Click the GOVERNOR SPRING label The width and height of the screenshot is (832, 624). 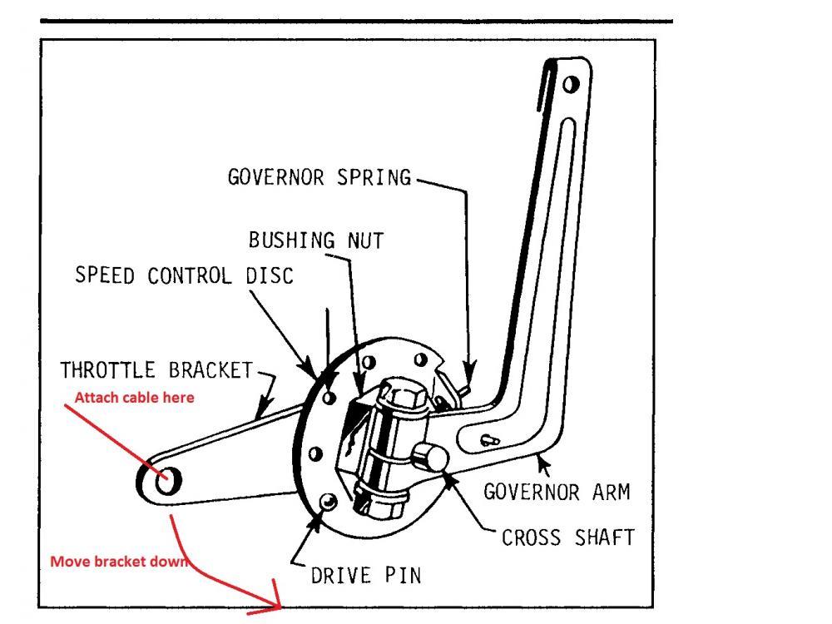(319, 177)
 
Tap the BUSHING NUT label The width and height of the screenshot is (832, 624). (316, 241)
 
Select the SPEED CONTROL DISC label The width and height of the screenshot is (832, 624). (185, 275)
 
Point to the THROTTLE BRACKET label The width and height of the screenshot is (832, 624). (156, 370)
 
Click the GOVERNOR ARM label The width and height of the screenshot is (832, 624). (557, 492)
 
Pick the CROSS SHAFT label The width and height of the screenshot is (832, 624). (568, 537)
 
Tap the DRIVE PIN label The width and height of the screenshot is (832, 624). (366, 574)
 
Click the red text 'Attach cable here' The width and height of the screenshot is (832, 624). (134, 398)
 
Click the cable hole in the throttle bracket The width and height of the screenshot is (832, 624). (164, 477)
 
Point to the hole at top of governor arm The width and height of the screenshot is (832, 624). (570, 84)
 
